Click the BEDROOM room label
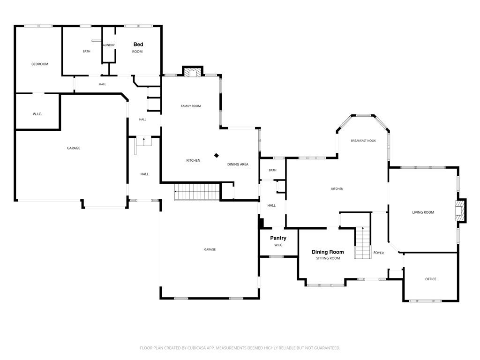40,64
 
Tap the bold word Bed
138,45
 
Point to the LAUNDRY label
108,45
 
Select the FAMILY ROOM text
191,106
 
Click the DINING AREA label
238,165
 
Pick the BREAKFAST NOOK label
363,141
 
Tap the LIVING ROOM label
423,212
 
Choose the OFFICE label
430,279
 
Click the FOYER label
378,253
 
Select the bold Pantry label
278,238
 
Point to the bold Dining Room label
328,252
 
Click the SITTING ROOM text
328,258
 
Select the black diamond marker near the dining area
217,155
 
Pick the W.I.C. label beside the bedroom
37,114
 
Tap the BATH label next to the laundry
87,52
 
